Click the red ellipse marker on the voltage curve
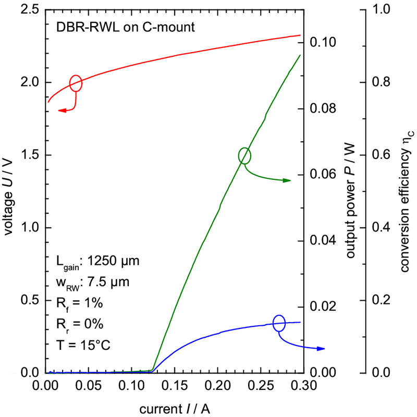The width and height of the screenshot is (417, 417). [x=76, y=83]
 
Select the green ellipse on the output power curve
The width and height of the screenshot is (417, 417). [x=244, y=155]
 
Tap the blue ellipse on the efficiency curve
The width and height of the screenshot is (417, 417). [x=279, y=323]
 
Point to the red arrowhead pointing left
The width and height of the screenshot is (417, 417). [x=62, y=111]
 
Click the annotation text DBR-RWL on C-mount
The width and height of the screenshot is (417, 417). [x=125, y=27]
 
